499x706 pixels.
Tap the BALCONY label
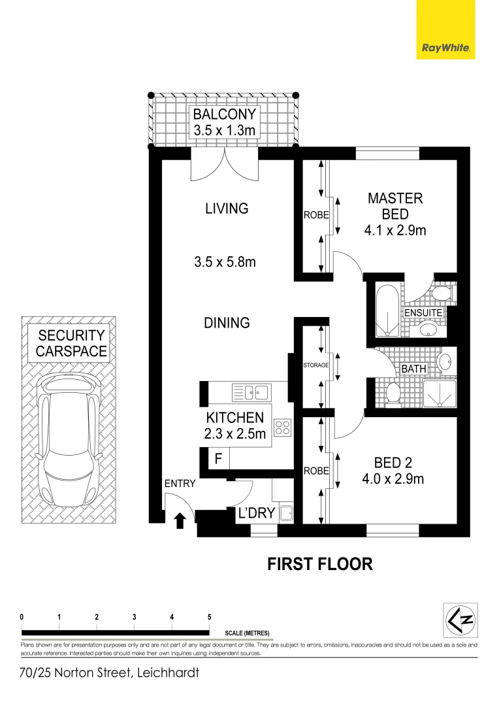click(x=225, y=114)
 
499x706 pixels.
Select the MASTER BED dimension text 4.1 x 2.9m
click(x=395, y=230)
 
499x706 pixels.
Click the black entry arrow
click(x=181, y=520)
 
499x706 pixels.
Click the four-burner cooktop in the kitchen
click(x=283, y=428)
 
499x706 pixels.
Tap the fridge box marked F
click(x=218, y=459)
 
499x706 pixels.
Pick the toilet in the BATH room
click(x=393, y=393)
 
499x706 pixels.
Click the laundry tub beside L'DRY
click(x=286, y=513)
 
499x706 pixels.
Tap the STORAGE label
click(x=315, y=365)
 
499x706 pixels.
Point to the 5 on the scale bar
click(x=209, y=616)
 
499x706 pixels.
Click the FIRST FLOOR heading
click(x=320, y=563)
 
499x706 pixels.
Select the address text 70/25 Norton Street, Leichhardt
click(x=108, y=672)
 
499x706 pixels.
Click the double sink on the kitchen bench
click(x=251, y=392)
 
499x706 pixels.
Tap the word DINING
click(x=226, y=322)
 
